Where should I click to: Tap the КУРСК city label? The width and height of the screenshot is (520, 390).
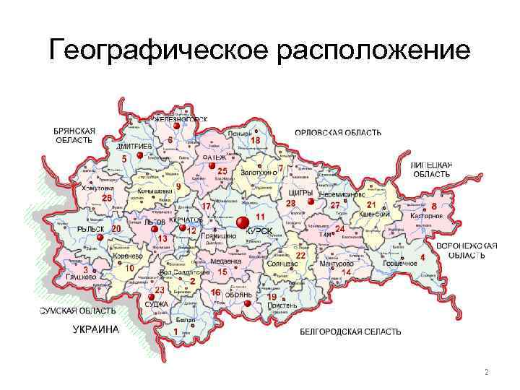(259, 230)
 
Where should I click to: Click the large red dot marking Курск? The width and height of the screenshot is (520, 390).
(243, 220)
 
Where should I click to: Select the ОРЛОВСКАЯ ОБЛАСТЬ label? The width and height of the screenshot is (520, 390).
(337, 133)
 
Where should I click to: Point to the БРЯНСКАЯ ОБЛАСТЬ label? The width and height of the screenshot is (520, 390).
(74, 135)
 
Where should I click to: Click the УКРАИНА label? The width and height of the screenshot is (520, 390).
(95, 329)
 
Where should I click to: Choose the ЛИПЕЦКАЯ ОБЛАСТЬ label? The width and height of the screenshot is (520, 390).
(431, 170)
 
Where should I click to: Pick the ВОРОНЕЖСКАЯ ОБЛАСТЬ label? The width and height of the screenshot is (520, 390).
(472, 251)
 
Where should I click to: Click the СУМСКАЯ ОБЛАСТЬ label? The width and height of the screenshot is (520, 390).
(77, 311)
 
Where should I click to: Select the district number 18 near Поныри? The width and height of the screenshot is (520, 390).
(255, 139)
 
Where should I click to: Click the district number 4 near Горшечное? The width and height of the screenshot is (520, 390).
(422, 257)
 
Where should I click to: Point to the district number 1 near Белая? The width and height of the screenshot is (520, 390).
(175, 331)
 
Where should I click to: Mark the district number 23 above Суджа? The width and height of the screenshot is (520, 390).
(160, 290)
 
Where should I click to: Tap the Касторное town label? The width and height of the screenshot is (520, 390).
(426, 216)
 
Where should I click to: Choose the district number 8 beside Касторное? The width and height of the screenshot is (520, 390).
(434, 207)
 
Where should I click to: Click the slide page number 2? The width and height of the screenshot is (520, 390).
(487, 373)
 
